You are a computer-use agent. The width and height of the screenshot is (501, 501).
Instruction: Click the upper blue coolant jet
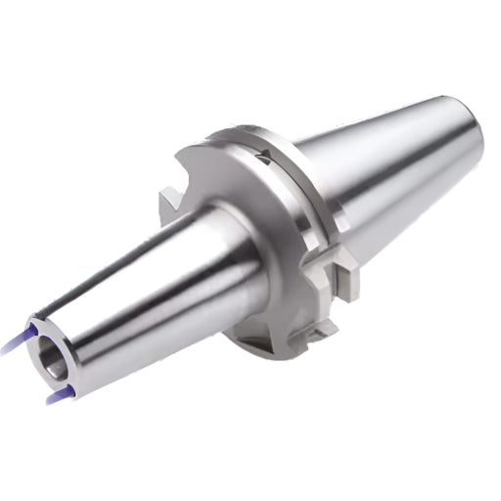pyautogui.click(x=14, y=340)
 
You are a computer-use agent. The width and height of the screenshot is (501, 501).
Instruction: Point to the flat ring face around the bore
pyautogui.click(x=41, y=345)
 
